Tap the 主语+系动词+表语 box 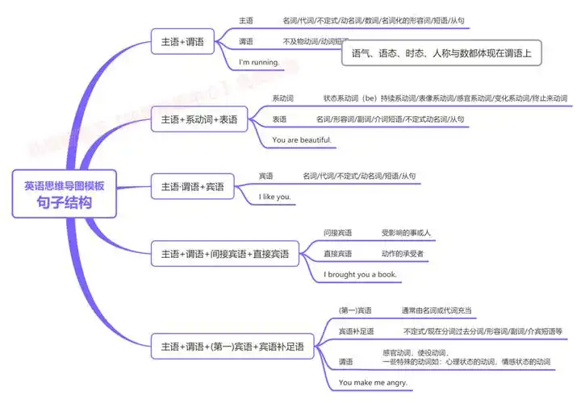click(x=198, y=119)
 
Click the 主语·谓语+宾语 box click(x=192, y=187)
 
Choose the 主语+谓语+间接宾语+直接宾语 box click(x=224, y=254)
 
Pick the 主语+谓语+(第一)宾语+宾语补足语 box click(x=232, y=347)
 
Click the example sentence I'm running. click(x=259, y=62)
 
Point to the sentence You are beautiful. click(x=301, y=139)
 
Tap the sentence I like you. click(x=274, y=196)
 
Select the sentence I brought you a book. click(x=360, y=274)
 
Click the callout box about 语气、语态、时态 click(x=441, y=53)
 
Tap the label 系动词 click(x=282, y=98)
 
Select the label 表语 click(x=279, y=119)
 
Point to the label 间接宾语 click(x=337, y=233)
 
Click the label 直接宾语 click(x=337, y=254)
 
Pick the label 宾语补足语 click(x=356, y=331)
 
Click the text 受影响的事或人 click(x=406, y=233)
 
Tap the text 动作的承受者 click(x=403, y=254)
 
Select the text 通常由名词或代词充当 click(x=437, y=310)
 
